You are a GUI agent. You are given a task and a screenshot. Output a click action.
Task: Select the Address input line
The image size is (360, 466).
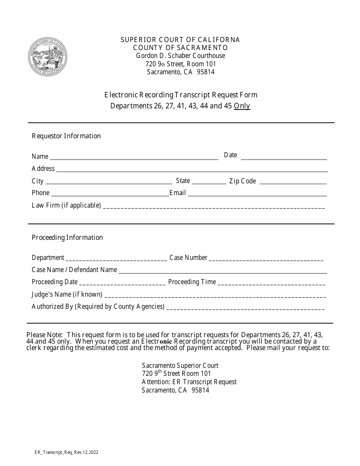(192, 169)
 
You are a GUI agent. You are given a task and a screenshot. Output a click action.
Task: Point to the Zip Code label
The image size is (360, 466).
(243, 181)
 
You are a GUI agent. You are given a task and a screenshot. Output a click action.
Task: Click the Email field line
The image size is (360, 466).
(257, 194)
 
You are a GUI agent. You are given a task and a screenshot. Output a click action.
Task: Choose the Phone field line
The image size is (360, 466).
(110, 194)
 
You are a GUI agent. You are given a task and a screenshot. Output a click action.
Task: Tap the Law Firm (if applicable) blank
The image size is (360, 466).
(214, 206)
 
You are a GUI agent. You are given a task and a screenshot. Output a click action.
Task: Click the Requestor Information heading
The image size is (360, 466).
(66, 136)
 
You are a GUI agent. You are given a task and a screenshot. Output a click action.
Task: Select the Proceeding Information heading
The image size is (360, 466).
(67, 238)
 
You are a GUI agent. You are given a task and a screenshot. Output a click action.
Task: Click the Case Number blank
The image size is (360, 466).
(266, 259)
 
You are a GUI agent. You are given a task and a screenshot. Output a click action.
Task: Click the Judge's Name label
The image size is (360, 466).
(67, 294)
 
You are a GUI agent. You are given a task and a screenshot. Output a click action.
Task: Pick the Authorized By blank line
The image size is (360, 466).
(245, 308)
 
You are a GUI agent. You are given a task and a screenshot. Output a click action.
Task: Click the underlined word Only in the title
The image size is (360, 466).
(242, 106)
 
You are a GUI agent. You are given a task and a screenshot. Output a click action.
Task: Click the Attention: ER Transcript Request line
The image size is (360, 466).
(189, 382)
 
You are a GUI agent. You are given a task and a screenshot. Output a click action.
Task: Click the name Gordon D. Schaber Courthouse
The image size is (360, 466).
(180, 56)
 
